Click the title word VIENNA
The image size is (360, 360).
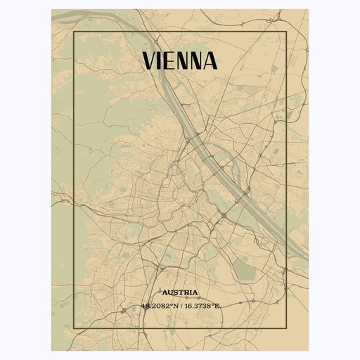(x=180, y=61)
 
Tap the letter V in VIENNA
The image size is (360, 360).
(x=150, y=61)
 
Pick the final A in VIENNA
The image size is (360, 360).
(x=210, y=61)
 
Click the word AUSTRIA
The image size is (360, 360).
(x=179, y=292)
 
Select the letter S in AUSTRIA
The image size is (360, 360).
(x=176, y=292)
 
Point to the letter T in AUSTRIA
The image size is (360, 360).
(x=181, y=292)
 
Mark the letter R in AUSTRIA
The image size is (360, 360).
(x=187, y=292)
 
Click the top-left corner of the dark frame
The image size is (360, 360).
(x=73, y=32)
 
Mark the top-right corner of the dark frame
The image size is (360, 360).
(x=287, y=32)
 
